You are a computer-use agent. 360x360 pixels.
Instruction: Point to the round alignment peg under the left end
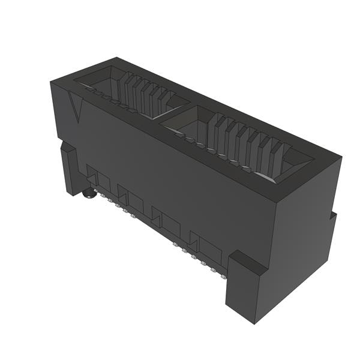pos(89,193)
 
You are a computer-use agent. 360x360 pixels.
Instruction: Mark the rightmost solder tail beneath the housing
pos(223,276)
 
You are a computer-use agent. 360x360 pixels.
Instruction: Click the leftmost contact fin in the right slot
pos(213,130)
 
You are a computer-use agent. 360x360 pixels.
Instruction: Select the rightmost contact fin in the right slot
pos(277,158)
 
